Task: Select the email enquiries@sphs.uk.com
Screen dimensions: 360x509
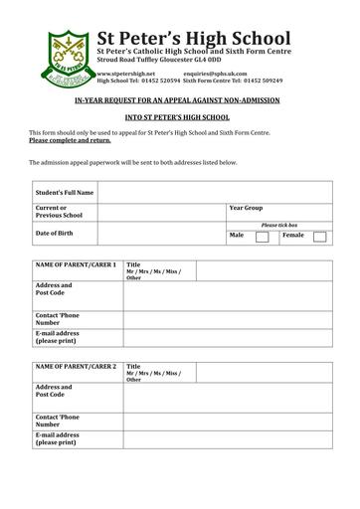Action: coord(216,73)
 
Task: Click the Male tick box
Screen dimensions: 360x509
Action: coord(262,238)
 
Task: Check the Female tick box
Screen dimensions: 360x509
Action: coord(318,238)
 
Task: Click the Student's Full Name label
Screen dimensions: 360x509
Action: coord(65,191)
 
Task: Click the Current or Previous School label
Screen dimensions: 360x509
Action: coord(60,211)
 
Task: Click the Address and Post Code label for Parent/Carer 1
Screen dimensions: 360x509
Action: coord(56,289)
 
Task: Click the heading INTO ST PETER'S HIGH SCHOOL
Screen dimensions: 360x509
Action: coord(179,117)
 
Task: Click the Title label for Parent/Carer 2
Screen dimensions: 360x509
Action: coord(133,365)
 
